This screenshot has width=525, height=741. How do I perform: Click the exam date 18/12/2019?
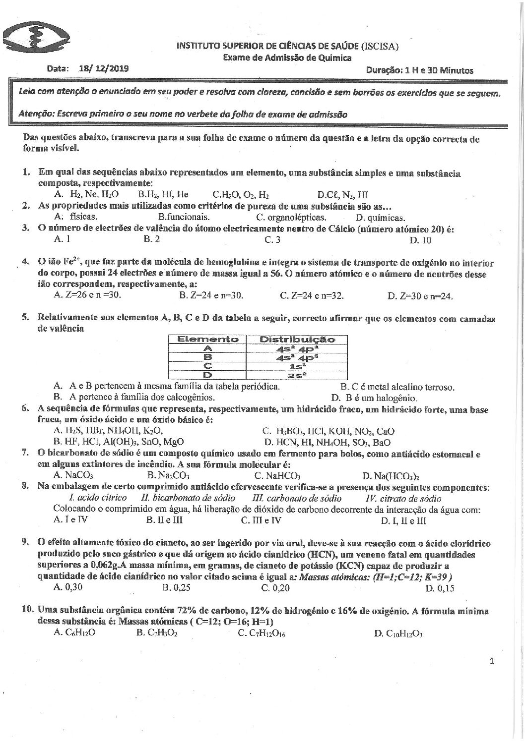click(103, 69)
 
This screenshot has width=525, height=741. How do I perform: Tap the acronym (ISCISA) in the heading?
click(380, 46)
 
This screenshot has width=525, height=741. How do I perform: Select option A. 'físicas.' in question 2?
click(75, 217)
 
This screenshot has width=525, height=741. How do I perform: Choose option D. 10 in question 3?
click(420, 240)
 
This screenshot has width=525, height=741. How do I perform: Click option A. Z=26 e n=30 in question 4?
click(87, 296)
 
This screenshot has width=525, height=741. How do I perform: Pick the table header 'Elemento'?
click(208, 340)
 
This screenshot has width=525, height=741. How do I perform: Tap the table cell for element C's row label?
click(208, 366)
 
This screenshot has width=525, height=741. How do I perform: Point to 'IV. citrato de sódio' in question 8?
click(403, 499)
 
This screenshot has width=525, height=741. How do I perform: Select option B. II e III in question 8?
click(165, 521)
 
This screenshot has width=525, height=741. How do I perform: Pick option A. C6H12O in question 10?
click(74, 633)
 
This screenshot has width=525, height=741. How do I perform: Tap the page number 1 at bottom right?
click(492, 661)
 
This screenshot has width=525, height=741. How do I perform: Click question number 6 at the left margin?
click(25, 409)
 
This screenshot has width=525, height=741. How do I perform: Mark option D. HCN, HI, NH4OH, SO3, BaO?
click(328, 442)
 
